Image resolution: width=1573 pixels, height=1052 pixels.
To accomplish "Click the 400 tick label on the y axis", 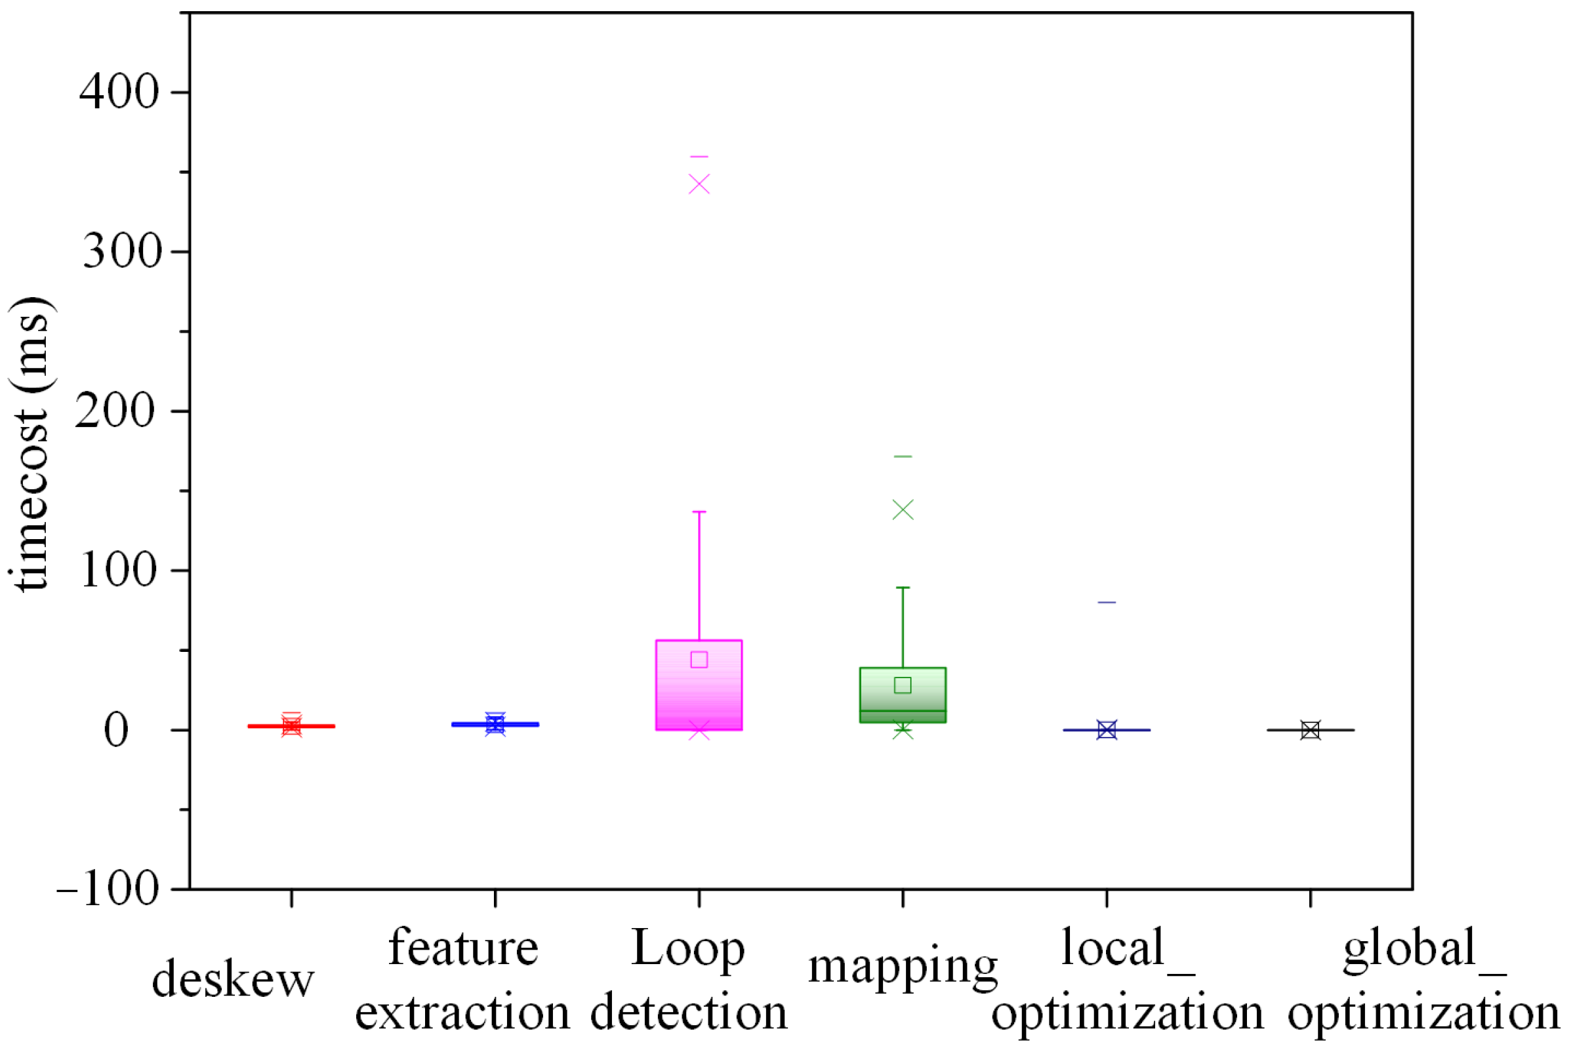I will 119,92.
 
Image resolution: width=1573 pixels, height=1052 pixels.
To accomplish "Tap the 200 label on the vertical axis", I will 115,411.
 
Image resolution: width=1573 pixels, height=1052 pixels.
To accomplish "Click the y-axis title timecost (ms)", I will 30,443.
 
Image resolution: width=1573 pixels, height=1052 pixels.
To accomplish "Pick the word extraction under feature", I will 462,1013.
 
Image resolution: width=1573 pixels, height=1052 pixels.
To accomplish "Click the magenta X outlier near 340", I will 699,184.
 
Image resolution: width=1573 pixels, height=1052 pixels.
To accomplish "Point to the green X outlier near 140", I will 903,510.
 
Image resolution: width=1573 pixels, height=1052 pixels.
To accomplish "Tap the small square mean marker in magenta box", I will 699,660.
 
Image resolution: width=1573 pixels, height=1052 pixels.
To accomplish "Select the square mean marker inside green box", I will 903,685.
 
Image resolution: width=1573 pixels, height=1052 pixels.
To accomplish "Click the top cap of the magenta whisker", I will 699,513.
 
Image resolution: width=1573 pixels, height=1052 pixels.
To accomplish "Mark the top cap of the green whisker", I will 903,588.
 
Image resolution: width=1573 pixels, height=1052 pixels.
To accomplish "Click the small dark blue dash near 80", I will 1107,603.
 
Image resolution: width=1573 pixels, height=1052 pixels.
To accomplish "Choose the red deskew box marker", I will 291,726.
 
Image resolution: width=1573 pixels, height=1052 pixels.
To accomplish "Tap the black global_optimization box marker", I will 1311,730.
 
